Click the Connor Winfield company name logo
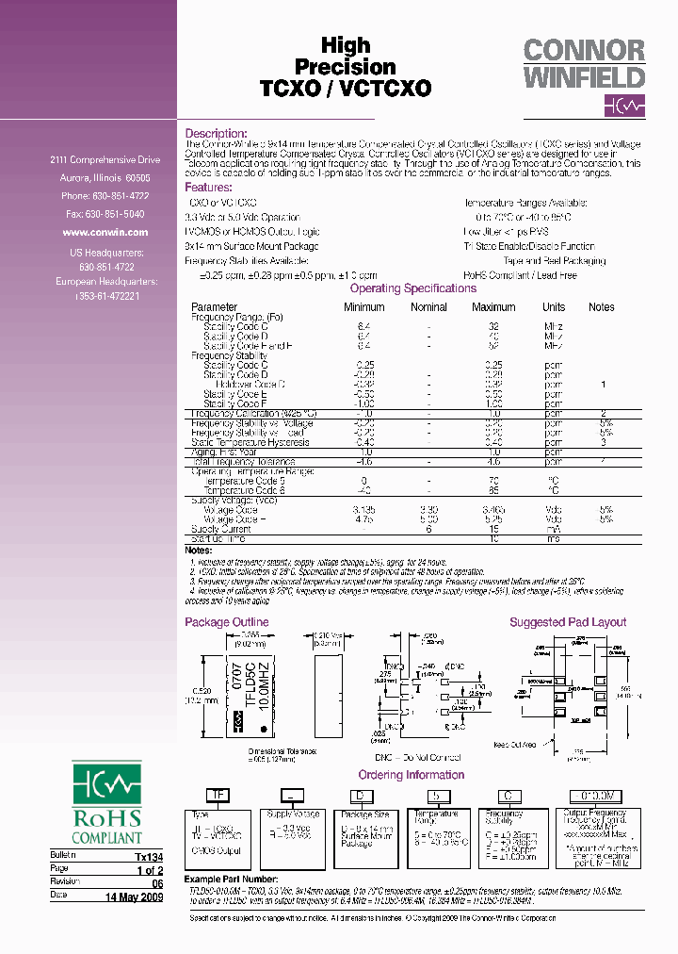pyautogui.click(x=584, y=64)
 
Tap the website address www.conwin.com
pyautogui.click(x=105, y=232)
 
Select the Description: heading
pyautogui.click(x=216, y=134)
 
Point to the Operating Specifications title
pyautogui.click(x=412, y=288)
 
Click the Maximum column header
pyautogui.click(x=493, y=306)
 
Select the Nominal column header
pyautogui.click(x=428, y=306)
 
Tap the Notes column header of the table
pyautogui.click(x=601, y=306)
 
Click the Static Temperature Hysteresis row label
pyautogui.click(x=250, y=442)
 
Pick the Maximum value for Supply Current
pyautogui.click(x=493, y=530)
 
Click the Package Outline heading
pyautogui.click(x=226, y=622)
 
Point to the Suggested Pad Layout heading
pyautogui.click(x=568, y=622)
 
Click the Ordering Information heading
pyautogui.click(x=412, y=775)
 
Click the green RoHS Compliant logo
pyautogui.click(x=107, y=802)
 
